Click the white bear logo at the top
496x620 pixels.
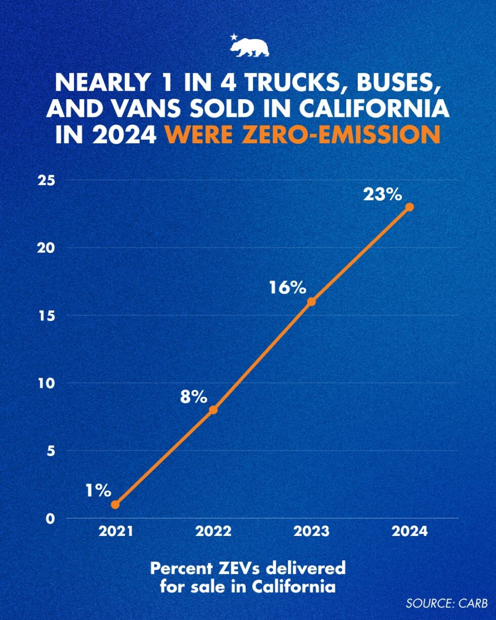(250, 47)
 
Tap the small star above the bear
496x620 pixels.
(233, 37)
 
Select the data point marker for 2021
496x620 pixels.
(115, 505)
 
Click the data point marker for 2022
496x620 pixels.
(213, 410)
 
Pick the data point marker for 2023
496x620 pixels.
(312, 302)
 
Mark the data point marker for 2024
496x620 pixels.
(410, 207)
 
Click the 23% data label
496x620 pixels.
(382, 194)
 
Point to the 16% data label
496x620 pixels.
(287, 287)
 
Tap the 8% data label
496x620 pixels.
(194, 397)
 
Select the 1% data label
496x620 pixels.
(97, 490)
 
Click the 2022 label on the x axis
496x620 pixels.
(213, 531)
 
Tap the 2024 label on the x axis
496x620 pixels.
(410, 531)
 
